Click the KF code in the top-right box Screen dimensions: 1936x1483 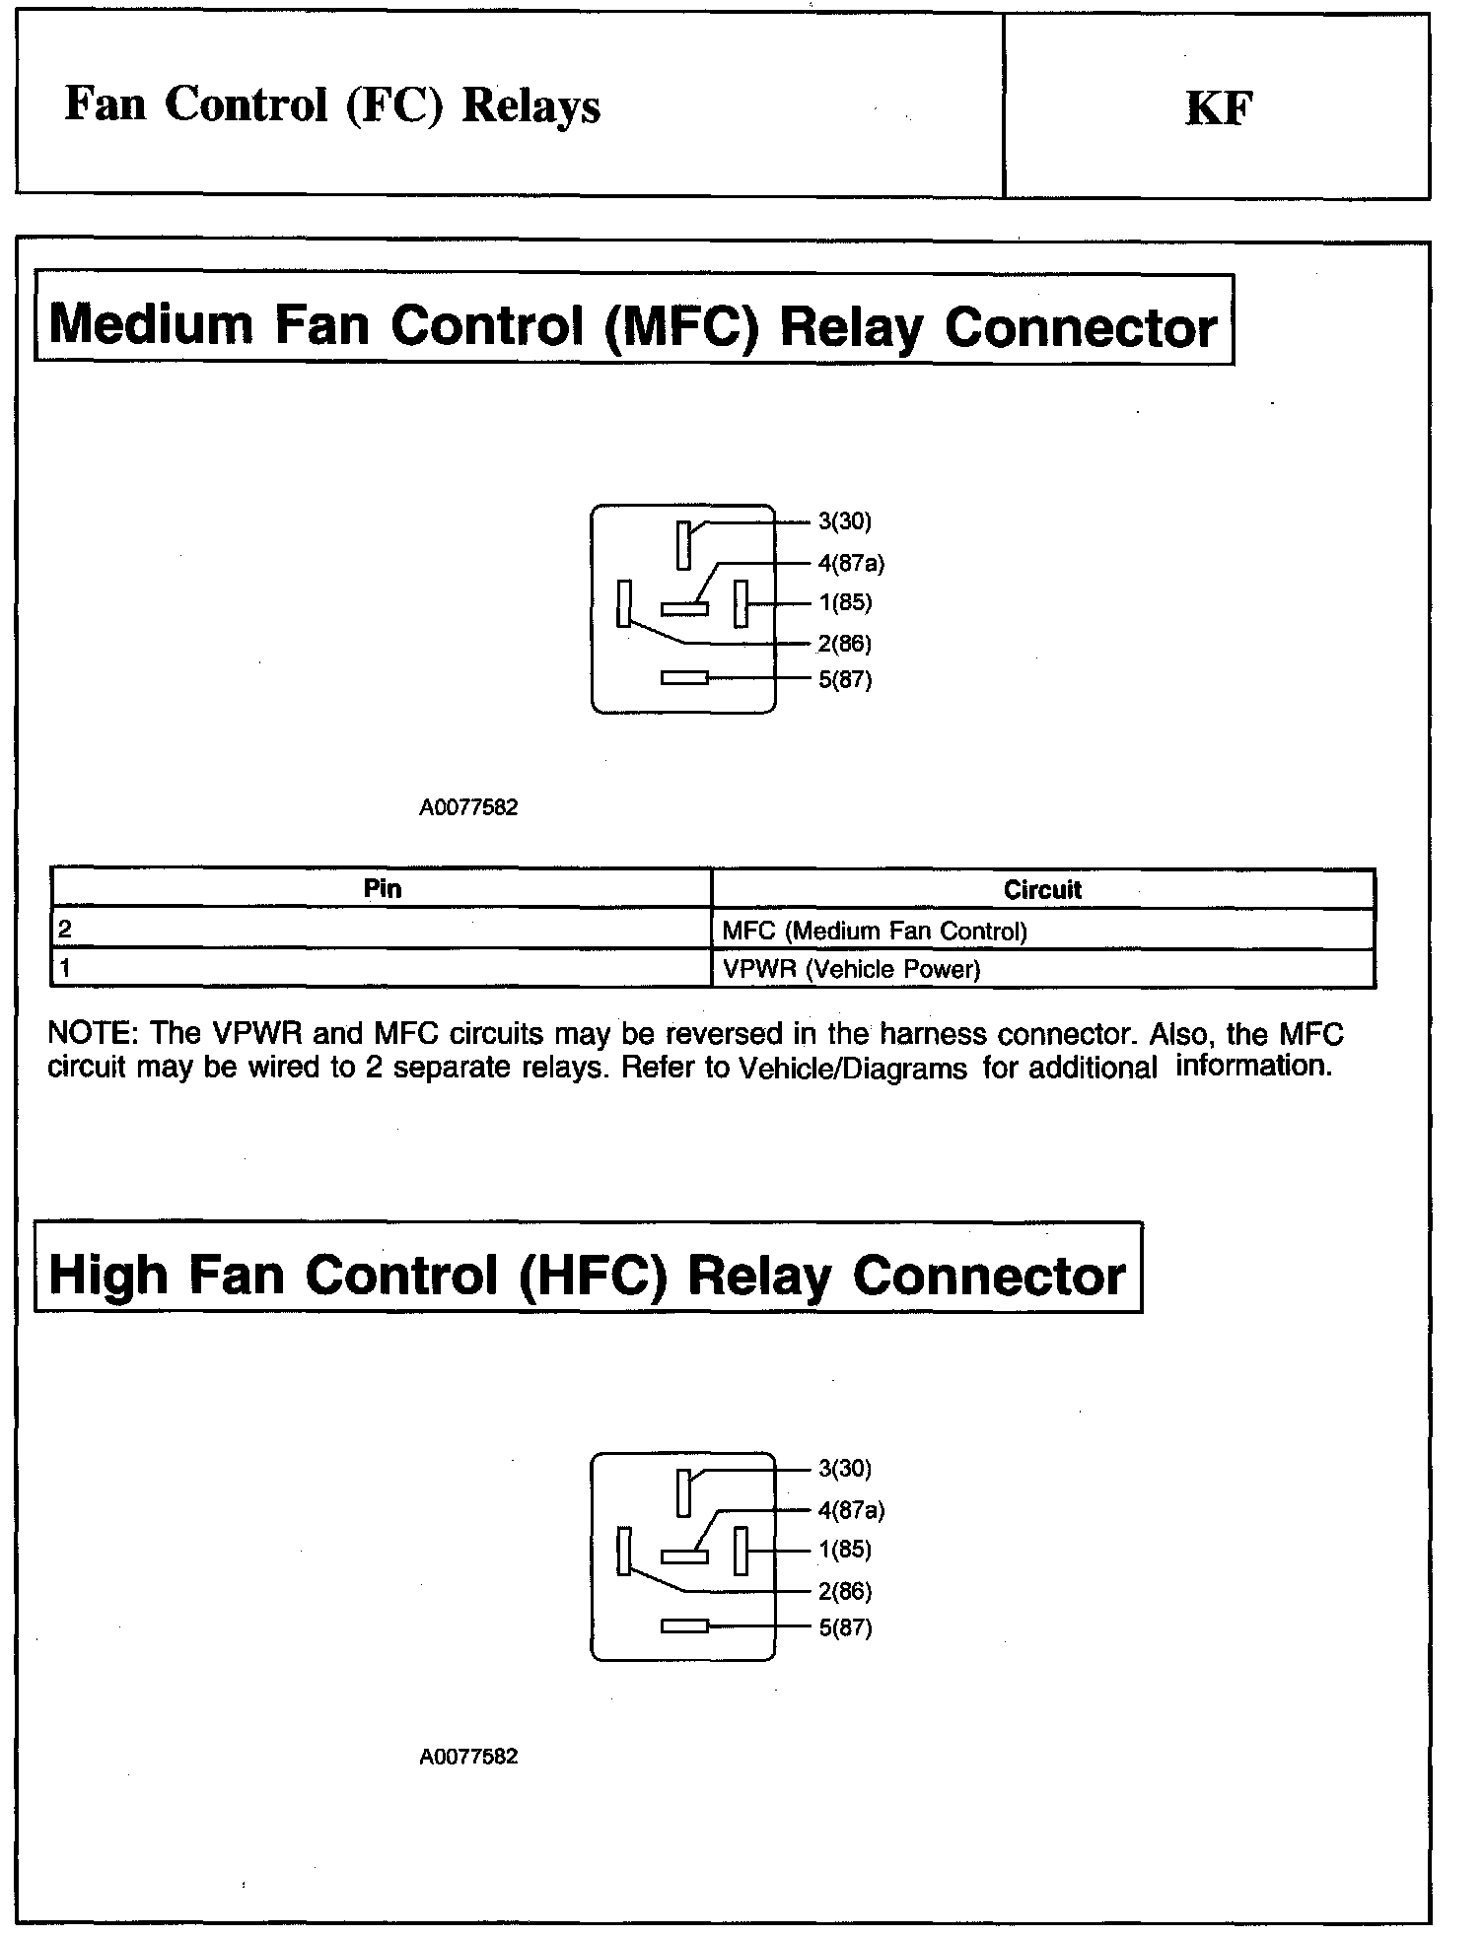pos(1219,108)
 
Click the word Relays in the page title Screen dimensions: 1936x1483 pos(530,106)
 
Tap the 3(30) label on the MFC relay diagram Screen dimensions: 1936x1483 pos(845,521)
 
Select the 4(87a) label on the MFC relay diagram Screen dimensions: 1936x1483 pos(851,564)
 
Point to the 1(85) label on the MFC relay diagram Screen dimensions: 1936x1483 pos(845,603)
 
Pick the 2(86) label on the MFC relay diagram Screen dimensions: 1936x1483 pos(845,644)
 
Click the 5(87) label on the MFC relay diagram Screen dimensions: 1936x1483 pos(845,680)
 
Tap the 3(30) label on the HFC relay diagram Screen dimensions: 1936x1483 pos(845,1469)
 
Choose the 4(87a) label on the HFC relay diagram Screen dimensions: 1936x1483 pos(851,1510)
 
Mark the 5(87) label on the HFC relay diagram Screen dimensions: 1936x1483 pos(845,1627)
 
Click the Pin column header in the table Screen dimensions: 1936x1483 pos(383,889)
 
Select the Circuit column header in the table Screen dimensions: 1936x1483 pos(1042,890)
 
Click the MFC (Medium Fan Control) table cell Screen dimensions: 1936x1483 pos(875,931)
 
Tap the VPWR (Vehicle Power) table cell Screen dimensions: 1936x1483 pos(851,969)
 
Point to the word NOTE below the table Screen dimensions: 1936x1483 pos(93,1034)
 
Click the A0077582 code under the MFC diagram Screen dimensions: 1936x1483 pos(468,808)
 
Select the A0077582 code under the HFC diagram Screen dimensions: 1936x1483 pos(468,1757)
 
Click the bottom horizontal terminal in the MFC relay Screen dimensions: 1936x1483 pos(684,678)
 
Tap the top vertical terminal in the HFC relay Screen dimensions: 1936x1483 pos(683,1492)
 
